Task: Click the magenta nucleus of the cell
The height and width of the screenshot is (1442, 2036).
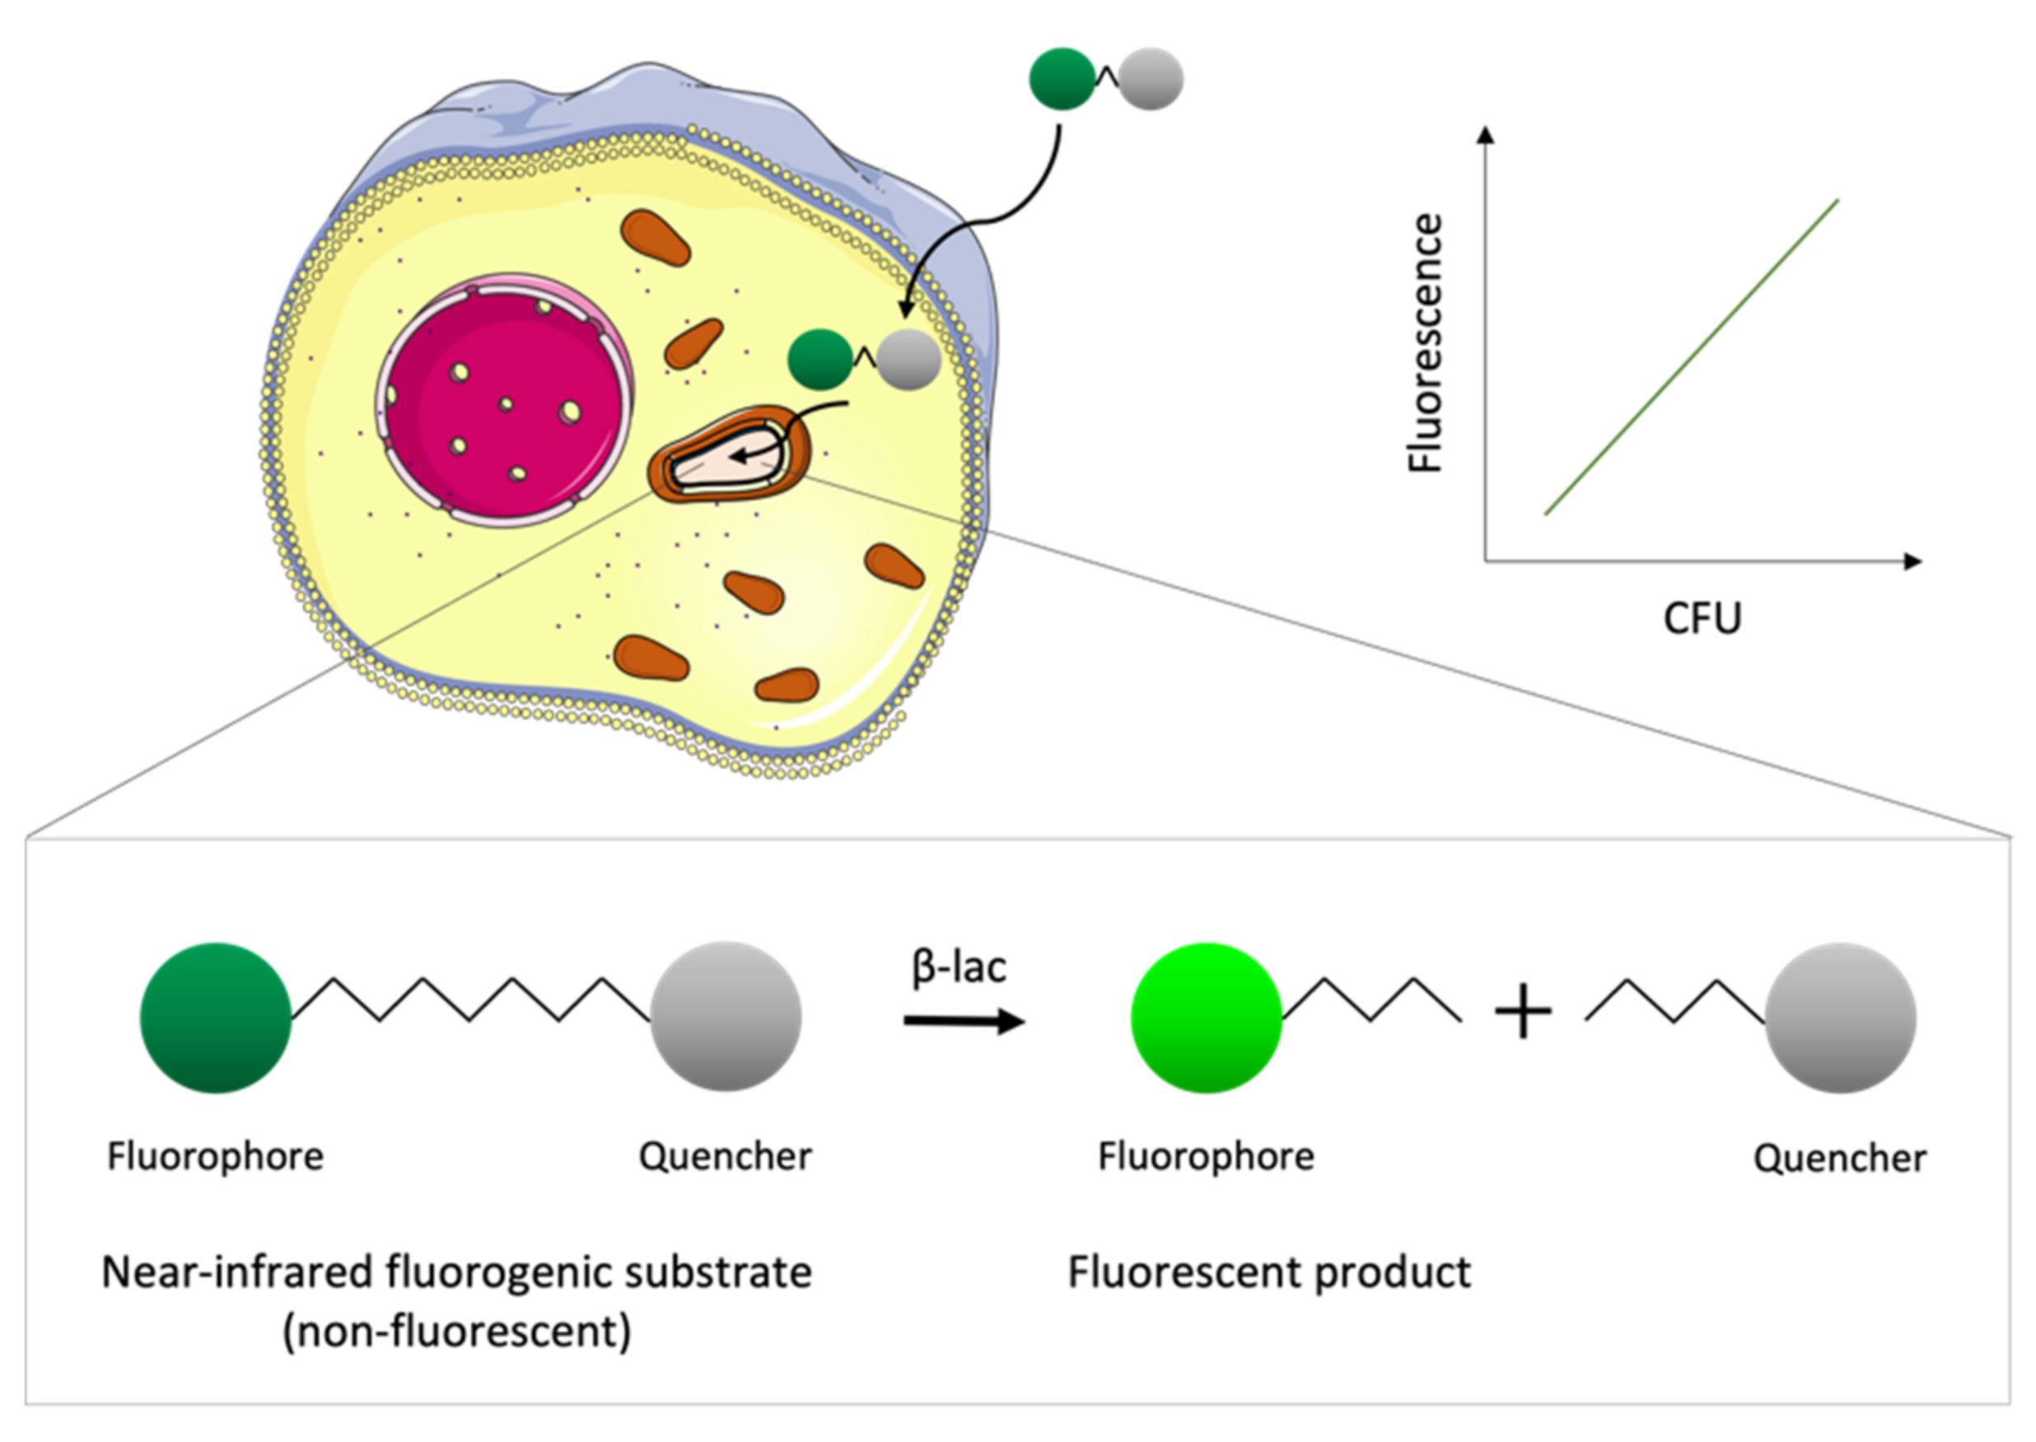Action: coord(504,402)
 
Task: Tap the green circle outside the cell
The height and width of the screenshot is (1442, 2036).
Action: coord(1062,79)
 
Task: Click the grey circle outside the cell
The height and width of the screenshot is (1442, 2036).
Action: coord(1151,79)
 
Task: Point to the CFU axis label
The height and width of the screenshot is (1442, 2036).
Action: coord(1701,618)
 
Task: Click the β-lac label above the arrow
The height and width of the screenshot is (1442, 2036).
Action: coord(959,966)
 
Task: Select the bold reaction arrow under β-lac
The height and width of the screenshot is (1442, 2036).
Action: coord(964,1021)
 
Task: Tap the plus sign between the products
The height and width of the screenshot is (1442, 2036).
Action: coord(1524,1012)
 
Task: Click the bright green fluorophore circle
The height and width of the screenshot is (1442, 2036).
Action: coord(1206,1017)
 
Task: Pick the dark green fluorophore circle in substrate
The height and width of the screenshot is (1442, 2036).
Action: coord(216,1017)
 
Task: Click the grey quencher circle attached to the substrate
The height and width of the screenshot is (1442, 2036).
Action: coord(726,1016)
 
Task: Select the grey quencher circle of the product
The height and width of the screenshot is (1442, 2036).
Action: coord(1840,1017)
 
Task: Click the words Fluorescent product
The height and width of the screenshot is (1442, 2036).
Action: coord(1268,1272)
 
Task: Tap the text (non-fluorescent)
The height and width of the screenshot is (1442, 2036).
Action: coord(456,1331)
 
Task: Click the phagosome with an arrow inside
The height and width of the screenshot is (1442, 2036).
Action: coord(731,454)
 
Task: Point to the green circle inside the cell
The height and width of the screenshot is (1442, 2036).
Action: coord(820,360)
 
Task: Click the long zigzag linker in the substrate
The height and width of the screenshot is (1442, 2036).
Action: coord(471,1000)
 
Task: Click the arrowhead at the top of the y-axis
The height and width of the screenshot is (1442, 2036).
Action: coord(1485,134)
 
